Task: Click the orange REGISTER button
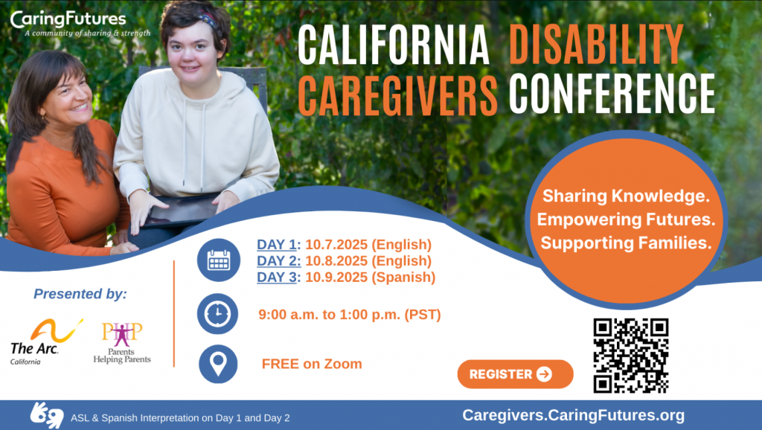click(515, 374)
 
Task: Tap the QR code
click(630, 356)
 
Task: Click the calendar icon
click(218, 260)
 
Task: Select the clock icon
click(217, 314)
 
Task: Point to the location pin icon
click(217, 364)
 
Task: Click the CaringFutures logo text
click(68, 19)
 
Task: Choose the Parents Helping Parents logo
click(122, 343)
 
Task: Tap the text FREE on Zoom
click(312, 364)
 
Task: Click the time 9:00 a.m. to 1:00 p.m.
click(349, 315)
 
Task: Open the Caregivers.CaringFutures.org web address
click(573, 415)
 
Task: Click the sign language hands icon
click(46, 415)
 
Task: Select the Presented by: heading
click(80, 294)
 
